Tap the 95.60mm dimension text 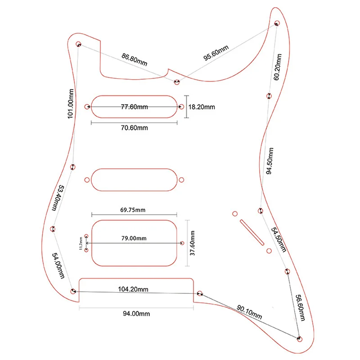216,53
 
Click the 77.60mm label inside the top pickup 134,107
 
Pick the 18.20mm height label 202,107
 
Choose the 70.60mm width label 134,128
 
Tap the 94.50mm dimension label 269,160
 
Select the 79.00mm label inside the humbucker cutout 134,238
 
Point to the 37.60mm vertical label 192,243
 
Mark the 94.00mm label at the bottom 136,314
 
